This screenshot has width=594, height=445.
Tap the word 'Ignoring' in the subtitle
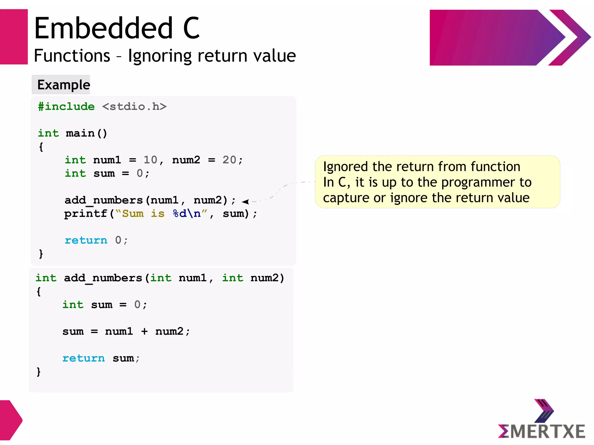click(160, 56)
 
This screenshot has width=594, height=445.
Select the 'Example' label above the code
click(64, 85)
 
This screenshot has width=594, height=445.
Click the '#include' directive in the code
click(66, 107)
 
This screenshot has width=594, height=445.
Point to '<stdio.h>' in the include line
click(134, 107)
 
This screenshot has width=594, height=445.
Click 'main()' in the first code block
click(86, 133)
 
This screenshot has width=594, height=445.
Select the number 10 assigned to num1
click(150, 160)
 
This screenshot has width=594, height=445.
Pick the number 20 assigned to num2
click(229, 160)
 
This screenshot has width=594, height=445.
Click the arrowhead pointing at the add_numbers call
click(245, 201)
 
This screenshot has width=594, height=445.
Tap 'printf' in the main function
click(86, 214)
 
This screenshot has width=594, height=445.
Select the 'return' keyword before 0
click(86, 240)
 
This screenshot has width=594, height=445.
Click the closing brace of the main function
click(41, 254)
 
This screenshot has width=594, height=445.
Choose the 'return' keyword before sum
click(84, 358)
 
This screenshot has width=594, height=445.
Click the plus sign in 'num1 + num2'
click(144, 331)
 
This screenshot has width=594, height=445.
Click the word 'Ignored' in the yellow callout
click(345, 167)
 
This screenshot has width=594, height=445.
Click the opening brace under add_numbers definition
click(39, 291)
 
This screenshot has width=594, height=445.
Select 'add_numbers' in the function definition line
click(103, 278)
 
